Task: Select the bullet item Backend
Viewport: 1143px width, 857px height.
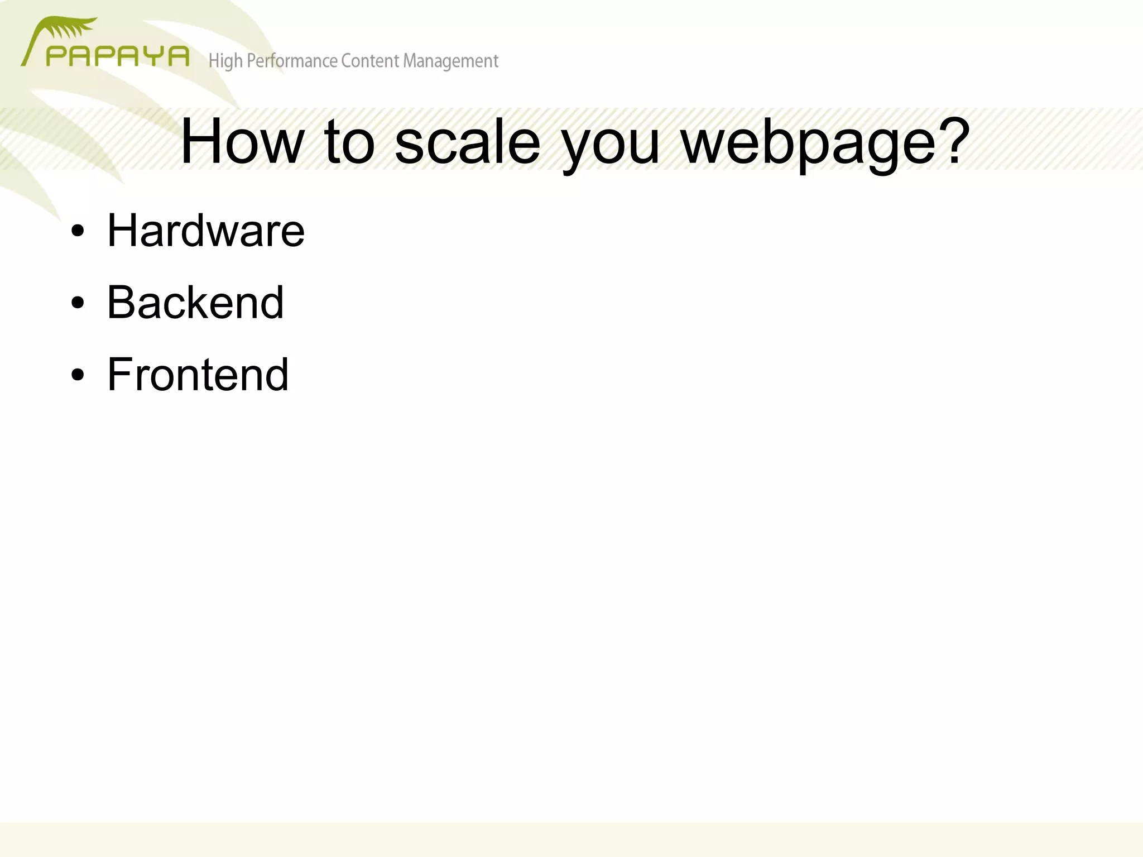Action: coord(195,302)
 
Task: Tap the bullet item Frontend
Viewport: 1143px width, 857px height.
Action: coord(198,374)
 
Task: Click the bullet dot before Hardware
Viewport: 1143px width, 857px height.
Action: coord(78,231)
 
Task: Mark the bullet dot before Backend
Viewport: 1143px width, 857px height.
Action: coord(78,303)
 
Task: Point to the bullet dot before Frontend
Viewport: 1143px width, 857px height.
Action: coord(78,375)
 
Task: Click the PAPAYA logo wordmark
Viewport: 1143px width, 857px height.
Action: coord(117,56)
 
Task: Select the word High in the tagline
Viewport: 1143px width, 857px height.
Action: coord(225,61)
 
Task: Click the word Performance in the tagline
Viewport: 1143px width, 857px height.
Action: coord(292,61)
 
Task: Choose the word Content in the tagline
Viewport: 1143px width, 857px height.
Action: coord(370,60)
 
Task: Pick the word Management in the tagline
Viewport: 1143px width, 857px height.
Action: coord(450,61)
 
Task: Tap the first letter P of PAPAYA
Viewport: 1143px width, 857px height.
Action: coord(55,56)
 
